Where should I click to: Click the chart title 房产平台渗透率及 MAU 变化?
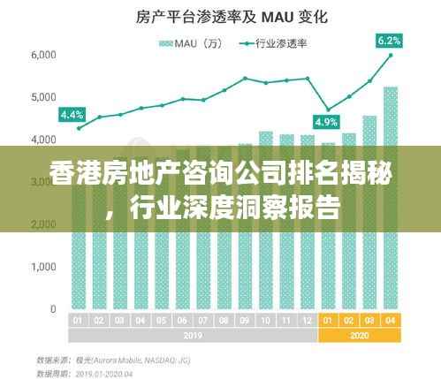click(220, 17)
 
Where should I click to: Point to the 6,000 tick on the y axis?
click(43, 55)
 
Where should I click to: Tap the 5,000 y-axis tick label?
click(43, 97)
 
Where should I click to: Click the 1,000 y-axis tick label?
click(43, 267)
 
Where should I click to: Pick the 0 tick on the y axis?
click(53, 309)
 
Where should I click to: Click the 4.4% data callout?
click(71, 114)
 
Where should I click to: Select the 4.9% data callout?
click(327, 122)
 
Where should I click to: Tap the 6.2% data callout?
click(389, 40)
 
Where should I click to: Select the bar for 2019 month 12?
click(307, 221)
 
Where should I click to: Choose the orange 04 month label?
click(390, 320)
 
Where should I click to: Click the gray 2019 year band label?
click(192, 335)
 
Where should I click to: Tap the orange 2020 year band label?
click(359, 335)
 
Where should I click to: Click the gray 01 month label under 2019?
click(79, 320)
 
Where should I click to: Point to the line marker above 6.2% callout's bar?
click(390, 55)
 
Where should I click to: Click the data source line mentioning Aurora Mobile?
click(114, 360)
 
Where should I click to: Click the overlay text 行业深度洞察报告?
click(233, 209)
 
